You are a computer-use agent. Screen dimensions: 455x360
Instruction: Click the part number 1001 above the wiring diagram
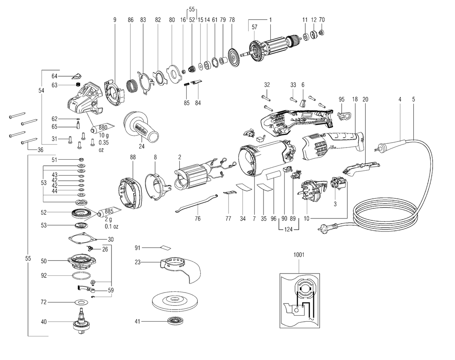click(299, 255)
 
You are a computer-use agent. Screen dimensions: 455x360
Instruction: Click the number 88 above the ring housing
click(133, 157)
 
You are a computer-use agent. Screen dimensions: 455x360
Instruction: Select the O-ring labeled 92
click(82, 276)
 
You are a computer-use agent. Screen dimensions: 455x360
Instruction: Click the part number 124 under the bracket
click(289, 229)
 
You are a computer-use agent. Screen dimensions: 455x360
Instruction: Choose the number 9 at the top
click(115, 20)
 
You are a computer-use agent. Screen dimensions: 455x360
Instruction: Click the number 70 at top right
click(322, 20)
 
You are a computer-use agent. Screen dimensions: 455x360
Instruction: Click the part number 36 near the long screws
click(41, 150)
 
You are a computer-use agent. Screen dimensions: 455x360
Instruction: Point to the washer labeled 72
click(82, 302)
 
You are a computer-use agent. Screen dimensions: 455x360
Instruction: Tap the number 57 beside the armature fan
click(254, 27)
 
